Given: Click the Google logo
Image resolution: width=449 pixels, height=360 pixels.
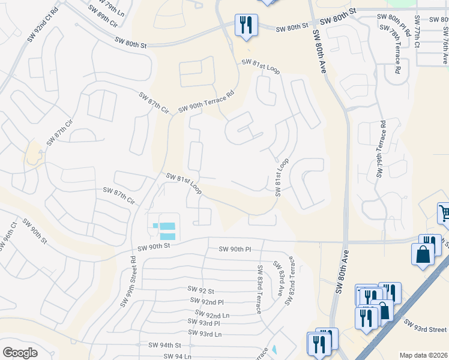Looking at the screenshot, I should coord(20,353).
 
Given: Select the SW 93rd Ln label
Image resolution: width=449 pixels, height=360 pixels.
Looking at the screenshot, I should coord(205,333).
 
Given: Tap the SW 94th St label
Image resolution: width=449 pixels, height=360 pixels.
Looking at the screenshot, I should coord(164,345).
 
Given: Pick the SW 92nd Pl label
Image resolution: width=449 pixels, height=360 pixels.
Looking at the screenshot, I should coord(206,302).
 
